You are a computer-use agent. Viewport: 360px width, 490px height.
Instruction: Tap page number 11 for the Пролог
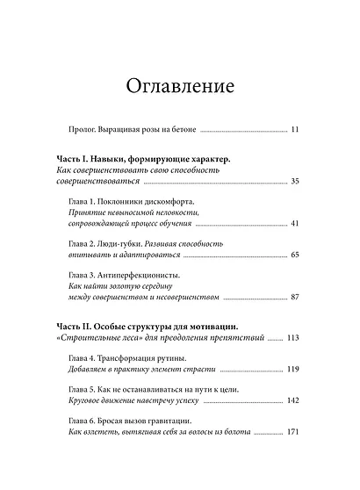295,131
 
